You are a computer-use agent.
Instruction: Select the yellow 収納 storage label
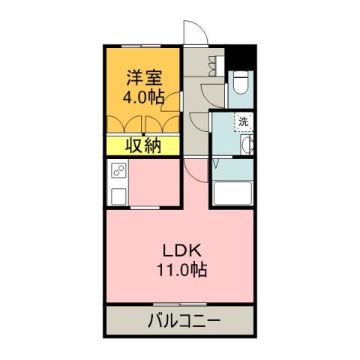[x=142, y=146]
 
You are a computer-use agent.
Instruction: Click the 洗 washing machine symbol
[x=244, y=121]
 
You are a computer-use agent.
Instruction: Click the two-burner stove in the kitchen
[x=118, y=173]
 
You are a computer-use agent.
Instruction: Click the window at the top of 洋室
[x=143, y=47]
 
